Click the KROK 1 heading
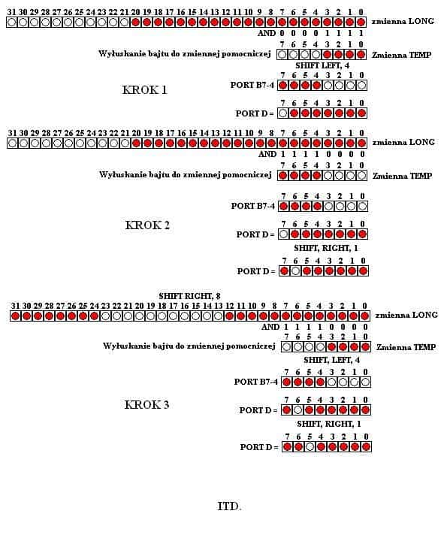coord(144,89)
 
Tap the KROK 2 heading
coord(147,225)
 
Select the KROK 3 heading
coord(146,404)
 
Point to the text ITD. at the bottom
coord(229,506)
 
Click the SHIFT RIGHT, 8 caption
coord(189,296)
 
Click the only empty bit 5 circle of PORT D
coord(310,447)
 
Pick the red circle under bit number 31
coord(15,316)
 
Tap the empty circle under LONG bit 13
coord(218,316)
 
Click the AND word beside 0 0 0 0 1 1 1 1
coord(267,33)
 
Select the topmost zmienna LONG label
coord(403,21)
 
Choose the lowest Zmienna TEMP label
coord(406,347)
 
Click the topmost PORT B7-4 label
coord(252,85)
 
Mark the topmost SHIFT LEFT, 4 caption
coord(322,65)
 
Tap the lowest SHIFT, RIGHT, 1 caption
coord(329,424)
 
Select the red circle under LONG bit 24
coord(94,316)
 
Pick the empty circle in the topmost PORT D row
coord(282,113)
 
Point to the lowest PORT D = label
coord(259,447)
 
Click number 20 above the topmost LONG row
coord(135,12)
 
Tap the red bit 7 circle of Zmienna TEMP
coord(282,176)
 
